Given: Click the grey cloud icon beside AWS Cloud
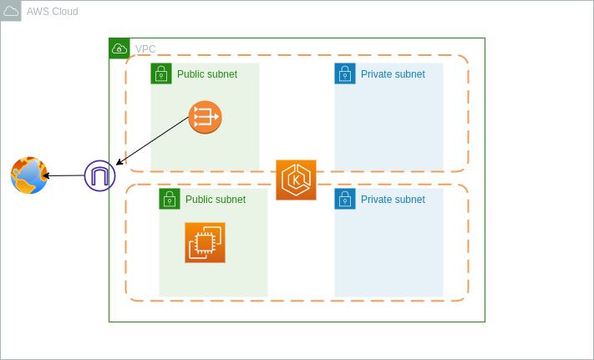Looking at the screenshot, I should click(x=11, y=11).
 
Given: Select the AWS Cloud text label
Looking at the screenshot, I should click(x=53, y=12).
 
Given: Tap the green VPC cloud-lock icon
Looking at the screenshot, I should click(x=119, y=48).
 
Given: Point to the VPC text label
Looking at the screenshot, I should click(x=145, y=49).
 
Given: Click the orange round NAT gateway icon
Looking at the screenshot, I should click(x=205, y=117).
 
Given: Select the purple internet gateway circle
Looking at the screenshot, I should click(x=99, y=175).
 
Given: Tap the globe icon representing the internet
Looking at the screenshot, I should click(x=29, y=175).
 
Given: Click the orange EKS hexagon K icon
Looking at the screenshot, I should click(x=296, y=180).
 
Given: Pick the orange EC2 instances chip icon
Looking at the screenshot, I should click(x=205, y=242).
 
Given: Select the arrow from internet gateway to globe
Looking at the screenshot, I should click(x=65, y=175).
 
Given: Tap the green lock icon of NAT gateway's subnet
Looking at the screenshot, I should click(x=161, y=74).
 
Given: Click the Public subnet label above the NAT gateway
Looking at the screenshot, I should click(x=207, y=74).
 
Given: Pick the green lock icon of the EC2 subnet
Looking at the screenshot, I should click(x=170, y=199).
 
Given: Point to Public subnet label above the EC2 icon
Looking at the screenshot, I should click(x=216, y=200).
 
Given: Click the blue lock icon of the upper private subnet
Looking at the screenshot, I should click(x=345, y=74).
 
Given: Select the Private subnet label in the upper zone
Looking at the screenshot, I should click(x=393, y=74).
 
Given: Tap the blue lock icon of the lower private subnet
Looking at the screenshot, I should click(x=345, y=199).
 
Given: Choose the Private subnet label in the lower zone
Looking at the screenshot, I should click(x=393, y=200).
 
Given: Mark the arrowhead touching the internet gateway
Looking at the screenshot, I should click(x=119, y=163).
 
